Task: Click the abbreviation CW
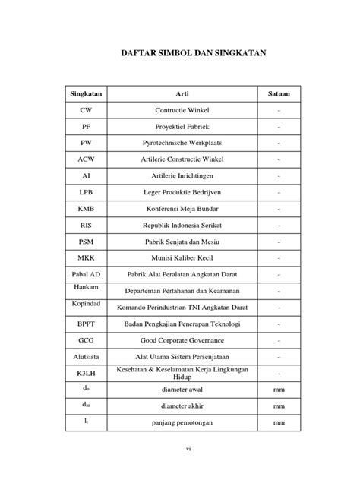coord(86,110)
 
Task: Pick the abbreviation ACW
coord(86,159)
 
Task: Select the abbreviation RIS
coord(86,225)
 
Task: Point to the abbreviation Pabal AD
coord(86,273)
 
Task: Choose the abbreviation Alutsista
coord(86,357)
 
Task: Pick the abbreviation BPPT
coord(86,324)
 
